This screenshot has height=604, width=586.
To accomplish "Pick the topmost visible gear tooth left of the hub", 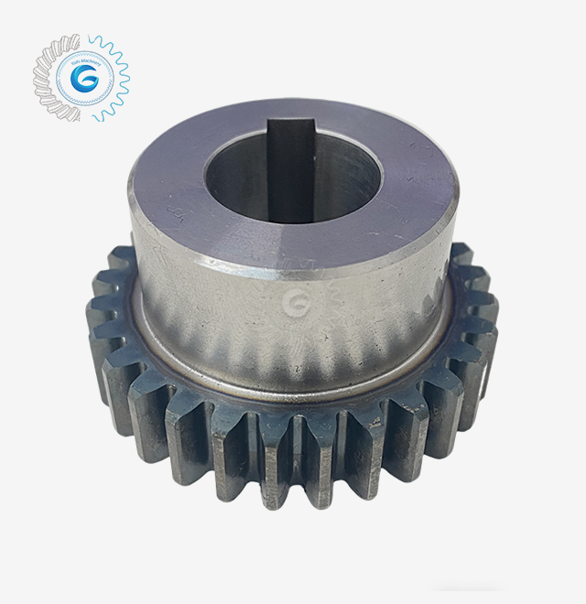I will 120,260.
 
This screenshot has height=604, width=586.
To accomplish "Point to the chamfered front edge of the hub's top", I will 293,269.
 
